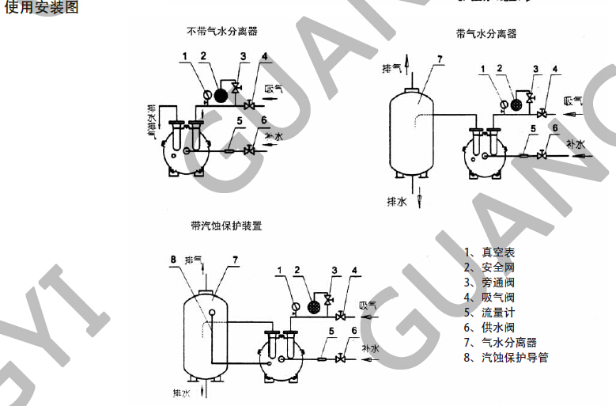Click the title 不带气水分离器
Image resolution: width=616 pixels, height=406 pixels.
coord(222,32)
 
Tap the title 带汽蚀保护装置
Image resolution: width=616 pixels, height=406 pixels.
coord(226,226)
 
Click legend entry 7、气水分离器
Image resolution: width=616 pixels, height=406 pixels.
coord(501,343)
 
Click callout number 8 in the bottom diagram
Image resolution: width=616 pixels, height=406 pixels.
coord(172,258)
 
